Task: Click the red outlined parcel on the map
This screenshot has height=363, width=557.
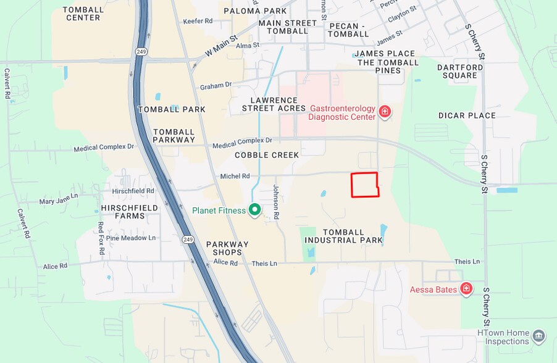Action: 364,185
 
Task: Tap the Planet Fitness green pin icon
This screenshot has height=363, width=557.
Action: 254,210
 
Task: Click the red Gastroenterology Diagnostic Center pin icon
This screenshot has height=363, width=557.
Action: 385,111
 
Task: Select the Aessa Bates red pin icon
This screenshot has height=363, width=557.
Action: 466,288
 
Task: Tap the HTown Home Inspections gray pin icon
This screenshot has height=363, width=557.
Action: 538,336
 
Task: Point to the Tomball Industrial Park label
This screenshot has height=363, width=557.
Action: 344,236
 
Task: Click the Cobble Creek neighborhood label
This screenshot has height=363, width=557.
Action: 267,155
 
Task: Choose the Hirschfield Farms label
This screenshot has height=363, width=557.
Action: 130,212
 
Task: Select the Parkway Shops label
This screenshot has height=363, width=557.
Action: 227,248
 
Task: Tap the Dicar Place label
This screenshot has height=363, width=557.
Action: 467,115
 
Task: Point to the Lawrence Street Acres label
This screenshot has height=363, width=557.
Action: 274,104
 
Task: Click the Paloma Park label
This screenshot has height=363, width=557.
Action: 255,11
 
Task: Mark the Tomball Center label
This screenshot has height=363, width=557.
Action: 83,14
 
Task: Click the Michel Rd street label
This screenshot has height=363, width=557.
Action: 235,176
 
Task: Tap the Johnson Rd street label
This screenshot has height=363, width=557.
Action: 276,202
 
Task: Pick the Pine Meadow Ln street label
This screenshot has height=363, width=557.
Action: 131,238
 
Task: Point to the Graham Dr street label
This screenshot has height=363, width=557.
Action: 216,86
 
